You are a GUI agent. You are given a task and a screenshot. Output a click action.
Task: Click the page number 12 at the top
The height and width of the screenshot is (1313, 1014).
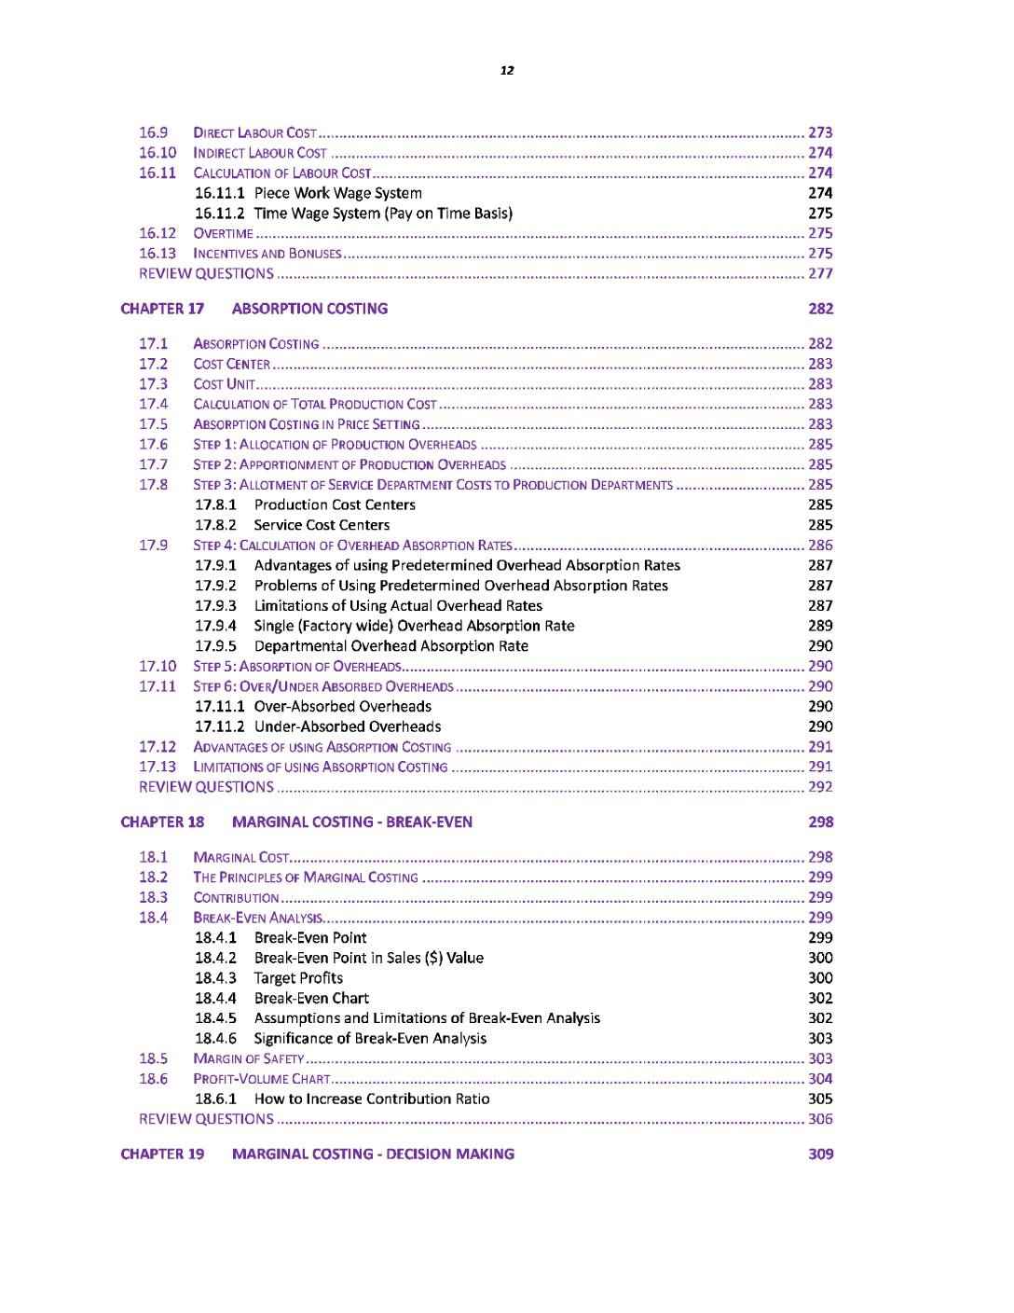point(507,70)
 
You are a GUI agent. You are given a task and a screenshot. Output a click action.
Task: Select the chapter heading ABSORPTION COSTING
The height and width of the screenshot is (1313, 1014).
point(309,309)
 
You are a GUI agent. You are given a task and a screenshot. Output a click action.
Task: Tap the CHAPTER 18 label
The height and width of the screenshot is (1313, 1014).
point(162,822)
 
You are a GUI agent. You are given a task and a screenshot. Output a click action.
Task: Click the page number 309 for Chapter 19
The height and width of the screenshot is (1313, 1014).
point(820,1154)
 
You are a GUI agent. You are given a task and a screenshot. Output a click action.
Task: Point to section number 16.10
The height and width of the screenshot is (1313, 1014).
point(158,153)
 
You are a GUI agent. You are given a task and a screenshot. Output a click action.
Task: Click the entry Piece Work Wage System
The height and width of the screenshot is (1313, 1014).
point(337,193)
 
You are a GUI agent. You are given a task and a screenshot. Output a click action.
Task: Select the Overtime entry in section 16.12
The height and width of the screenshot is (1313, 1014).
point(224,233)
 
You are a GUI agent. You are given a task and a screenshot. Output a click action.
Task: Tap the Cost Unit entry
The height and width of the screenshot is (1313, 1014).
point(225,384)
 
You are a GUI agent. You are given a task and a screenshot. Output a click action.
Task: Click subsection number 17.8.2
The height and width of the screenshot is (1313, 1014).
point(215,525)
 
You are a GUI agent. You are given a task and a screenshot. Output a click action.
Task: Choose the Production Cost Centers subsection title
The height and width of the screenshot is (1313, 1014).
point(335,504)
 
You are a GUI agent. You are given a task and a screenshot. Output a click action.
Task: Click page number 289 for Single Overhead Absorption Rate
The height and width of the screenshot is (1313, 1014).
point(820,626)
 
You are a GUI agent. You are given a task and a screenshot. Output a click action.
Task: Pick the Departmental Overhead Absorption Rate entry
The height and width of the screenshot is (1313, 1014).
point(391,646)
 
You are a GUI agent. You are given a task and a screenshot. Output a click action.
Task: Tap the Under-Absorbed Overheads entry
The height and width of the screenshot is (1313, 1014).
point(348,726)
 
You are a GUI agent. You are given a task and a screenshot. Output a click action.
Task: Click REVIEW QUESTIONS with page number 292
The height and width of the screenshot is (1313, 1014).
point(207,787)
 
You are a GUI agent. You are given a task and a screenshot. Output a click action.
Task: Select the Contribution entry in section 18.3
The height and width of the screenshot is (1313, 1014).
point(236,897)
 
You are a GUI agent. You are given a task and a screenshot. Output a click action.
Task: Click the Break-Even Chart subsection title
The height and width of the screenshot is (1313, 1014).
point(311,998)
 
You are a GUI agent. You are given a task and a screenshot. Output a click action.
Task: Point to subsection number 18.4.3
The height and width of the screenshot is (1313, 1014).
point(215,978)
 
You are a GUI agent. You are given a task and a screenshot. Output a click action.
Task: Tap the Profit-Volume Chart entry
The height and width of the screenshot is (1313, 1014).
point(262,1079)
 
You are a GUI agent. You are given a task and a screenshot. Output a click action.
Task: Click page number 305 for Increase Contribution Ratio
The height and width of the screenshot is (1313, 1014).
point(820,1099)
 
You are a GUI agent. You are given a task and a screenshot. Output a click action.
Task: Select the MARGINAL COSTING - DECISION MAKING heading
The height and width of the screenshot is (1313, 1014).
point(373,1154)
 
